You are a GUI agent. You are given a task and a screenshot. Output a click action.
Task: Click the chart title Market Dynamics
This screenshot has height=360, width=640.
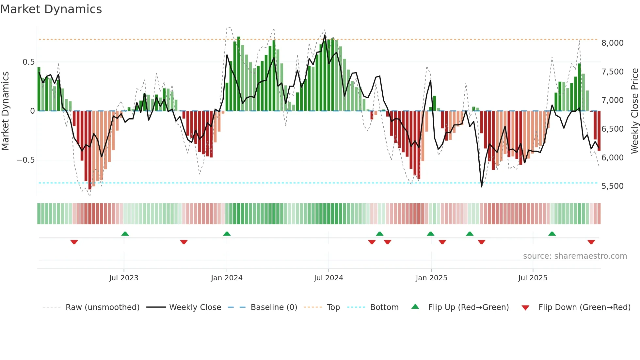[51, 9]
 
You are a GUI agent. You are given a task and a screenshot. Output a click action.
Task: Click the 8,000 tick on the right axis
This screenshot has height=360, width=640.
[612, 43]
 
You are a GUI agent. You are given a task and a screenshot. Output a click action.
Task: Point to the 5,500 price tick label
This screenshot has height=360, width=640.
[612, 186]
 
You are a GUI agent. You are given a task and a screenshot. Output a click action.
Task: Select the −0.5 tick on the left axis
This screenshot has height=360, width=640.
[25, 160]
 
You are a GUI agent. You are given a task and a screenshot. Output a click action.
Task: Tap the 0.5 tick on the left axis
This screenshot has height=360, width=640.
[28, 62]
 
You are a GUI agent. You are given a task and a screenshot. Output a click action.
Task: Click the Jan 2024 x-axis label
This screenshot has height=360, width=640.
[227, 278]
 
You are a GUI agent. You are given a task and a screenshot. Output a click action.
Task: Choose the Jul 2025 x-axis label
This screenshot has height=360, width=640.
[533, 278]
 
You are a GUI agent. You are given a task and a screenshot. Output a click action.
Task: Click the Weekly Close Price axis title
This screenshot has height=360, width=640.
[634, 111]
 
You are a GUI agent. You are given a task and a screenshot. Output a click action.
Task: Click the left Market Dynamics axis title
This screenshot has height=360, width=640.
[5, 111]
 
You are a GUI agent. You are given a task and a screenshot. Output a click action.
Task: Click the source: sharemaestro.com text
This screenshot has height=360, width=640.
[575, 256]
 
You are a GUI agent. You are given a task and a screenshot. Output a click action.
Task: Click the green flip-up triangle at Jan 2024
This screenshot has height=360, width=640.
[227, 234]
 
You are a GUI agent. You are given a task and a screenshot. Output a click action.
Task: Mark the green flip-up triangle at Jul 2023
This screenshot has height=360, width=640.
[125, 234]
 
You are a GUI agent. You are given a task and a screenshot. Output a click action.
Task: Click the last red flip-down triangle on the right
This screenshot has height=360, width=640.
[591, 242]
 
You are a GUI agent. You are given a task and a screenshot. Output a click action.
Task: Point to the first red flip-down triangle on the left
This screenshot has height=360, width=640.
[74, 242]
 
